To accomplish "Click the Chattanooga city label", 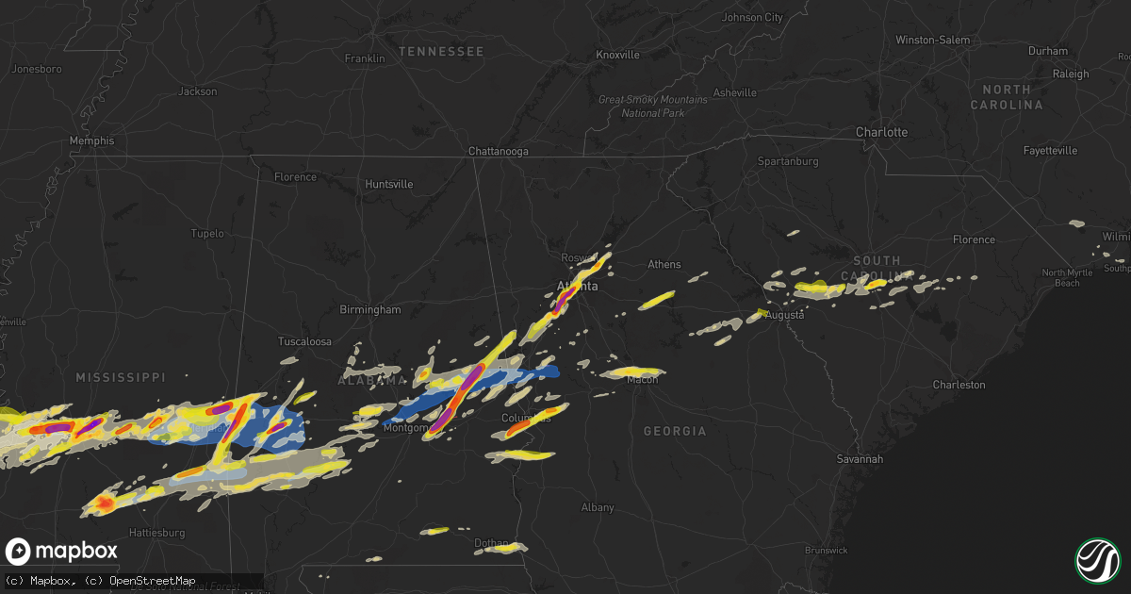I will [499, 151].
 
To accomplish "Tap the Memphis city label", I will [91, 140].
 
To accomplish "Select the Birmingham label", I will [370, 309].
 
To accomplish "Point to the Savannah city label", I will [860, 459].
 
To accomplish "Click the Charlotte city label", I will [881, 132].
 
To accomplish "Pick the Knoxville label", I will [617, 55].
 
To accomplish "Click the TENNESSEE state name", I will [440, 51].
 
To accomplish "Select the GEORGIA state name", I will [674, 431].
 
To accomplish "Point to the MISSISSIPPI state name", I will [121, 377].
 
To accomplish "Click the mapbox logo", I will [61, 552].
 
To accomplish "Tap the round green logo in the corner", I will [1097, 560].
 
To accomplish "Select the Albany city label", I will [598, 507].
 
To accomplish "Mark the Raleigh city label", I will [1071, 74].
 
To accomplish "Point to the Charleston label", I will [959, 385].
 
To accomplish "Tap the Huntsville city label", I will [389, 184].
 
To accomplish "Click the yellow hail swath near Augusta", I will [762, 312].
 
